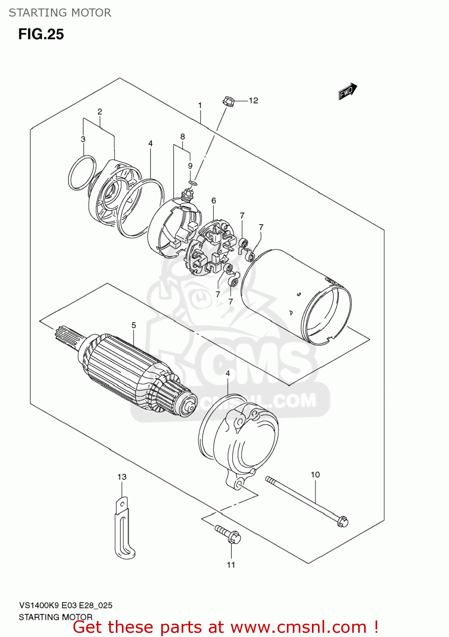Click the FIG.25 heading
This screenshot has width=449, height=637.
pos(41,34)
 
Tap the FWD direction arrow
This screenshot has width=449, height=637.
pos(348,91)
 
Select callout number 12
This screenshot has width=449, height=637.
pos(253,101)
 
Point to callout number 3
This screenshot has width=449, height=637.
pos(83,139)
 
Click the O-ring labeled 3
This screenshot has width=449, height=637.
pos(82,173)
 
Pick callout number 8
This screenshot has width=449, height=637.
pos(182,137)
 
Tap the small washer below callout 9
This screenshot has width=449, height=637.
pos(193,183)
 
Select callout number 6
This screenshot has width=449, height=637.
pos(213,200)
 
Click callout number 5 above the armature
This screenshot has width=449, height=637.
pos(134,325)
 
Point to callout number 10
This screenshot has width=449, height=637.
pos(315,475)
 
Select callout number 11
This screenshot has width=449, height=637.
pos(231,565)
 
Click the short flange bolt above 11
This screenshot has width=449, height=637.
pos(229,535)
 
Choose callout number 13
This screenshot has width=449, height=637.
pos(122,477)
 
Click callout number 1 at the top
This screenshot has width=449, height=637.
pos(200,105)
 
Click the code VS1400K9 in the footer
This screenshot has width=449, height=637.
pos(39,606)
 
